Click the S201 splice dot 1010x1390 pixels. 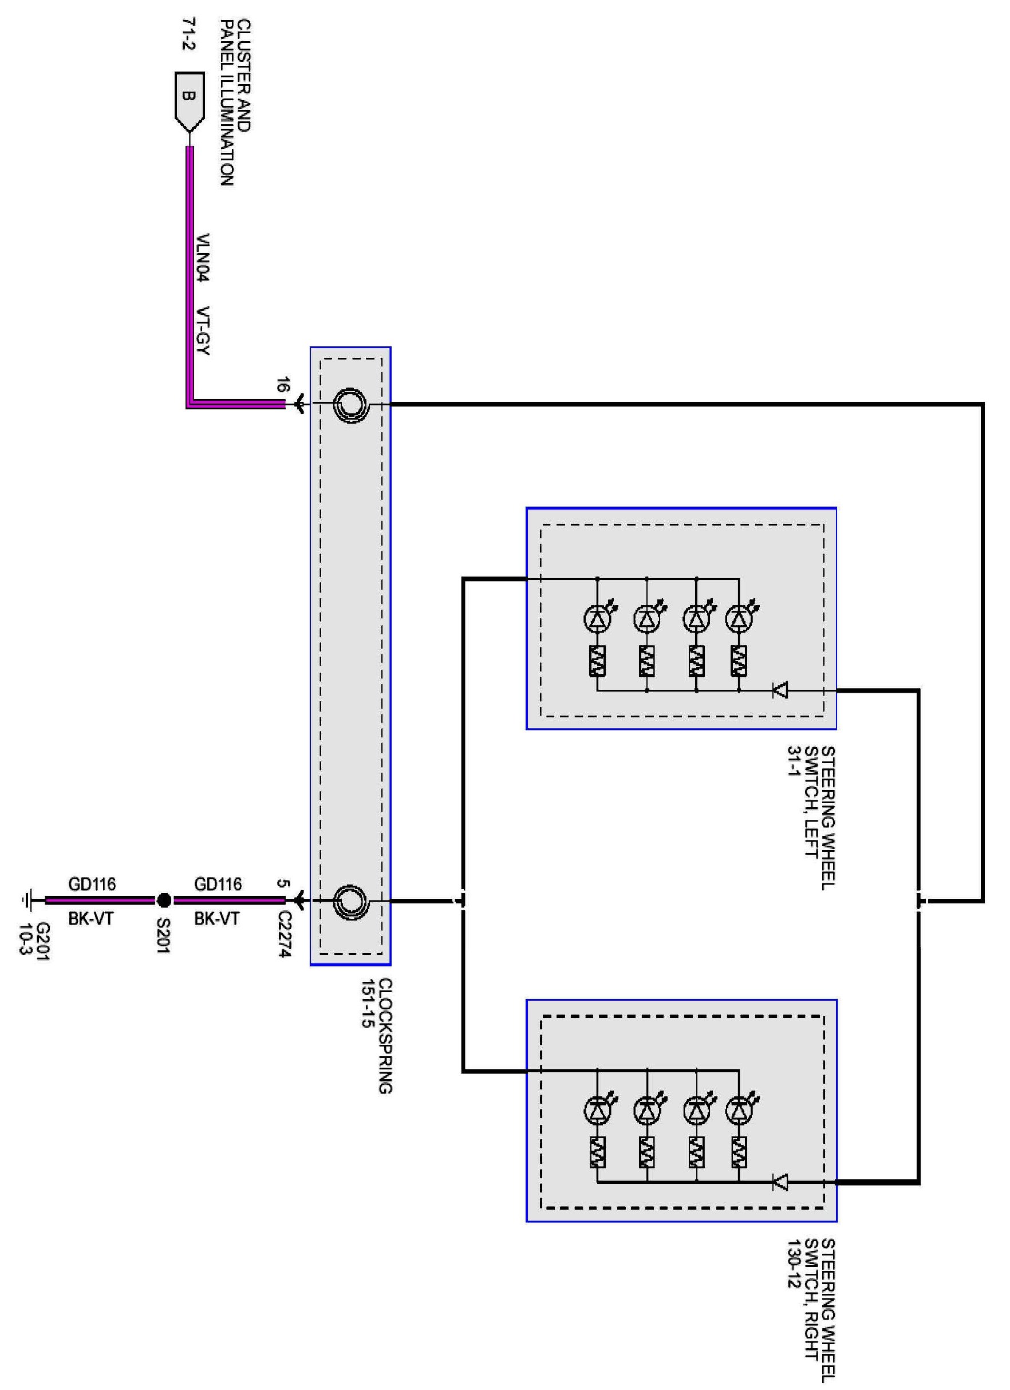point(163,901)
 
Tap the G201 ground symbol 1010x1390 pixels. point(26,901)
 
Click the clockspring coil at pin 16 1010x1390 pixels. point(350,405)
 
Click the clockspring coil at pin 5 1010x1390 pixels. point(350,901)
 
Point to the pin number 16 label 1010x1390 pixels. point(282,385)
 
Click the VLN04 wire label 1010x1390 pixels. point(203,258)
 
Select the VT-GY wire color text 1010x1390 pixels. point(203,330)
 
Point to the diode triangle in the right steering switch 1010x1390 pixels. point(780,1183)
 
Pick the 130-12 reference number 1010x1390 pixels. point(794,1275)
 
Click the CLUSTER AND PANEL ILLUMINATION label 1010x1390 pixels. point(235,102)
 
